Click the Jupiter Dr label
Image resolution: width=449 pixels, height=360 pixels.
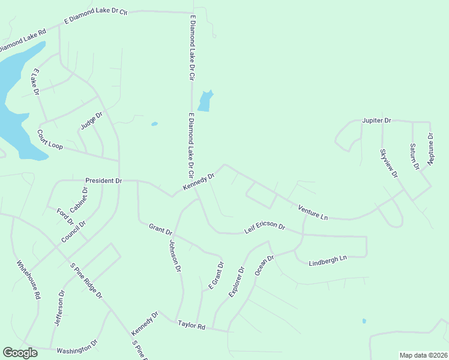coord(376,121)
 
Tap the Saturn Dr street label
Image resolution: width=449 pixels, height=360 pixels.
coord(414,156)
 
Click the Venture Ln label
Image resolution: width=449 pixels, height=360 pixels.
coord(313,212)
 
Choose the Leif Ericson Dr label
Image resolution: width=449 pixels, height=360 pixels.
coord(264,227)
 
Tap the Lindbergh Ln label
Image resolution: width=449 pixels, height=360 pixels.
coord(328,261)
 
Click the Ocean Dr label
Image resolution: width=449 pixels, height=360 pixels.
coord(264,265)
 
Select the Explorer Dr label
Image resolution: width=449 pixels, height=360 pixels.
coord(238,281)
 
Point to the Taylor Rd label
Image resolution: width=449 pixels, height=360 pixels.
coord(192,326)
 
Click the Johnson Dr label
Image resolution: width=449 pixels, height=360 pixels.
coord(175,256)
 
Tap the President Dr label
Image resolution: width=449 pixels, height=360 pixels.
coord(103,181)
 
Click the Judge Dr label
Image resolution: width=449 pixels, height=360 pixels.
coord(92,121)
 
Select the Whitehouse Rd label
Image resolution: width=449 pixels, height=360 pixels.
coord(28,280)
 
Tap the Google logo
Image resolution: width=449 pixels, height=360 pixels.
coord(20,352)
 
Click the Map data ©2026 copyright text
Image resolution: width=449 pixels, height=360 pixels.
coord(423,355)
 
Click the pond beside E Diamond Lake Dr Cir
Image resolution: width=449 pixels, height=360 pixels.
coord(205,101)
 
